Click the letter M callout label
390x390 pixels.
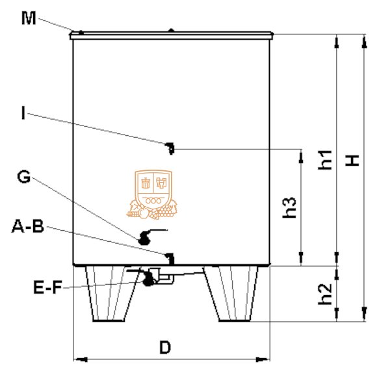(29, 18)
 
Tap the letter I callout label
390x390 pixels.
(23, 112)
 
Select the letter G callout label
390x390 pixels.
(24, 176)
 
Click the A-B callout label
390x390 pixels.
(28, 226)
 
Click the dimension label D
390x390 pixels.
(165, 347)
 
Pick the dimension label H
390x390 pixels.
(352, 161)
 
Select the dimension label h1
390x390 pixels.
(325, 160)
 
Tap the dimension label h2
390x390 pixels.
(325, 294)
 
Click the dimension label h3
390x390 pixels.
(289, 207)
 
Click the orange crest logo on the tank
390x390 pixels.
(152, 194)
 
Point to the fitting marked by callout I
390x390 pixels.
(170, 148)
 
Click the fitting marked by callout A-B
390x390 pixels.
(170, 259)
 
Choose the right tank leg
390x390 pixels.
(231, 294)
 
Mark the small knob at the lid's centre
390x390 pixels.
(171, 31)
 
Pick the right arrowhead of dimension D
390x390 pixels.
(263, 359)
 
